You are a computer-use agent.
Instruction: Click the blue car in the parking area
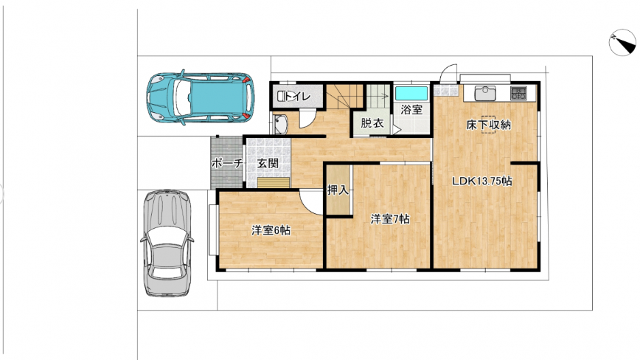tap(200, 97)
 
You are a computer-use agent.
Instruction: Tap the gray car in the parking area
tap(167, 243)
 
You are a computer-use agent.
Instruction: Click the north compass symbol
tap(622, 42)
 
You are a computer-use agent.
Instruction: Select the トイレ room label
tap(298, 97)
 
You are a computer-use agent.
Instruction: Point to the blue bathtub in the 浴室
tap(411, 93)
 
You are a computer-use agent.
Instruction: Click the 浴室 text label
tap(411, 109)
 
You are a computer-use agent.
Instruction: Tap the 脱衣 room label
tap(372, 122)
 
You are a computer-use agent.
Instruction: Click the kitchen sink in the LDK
tap(485, 93)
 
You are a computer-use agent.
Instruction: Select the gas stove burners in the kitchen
tap(518, 93)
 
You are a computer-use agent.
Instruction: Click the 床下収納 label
tap(488, 125)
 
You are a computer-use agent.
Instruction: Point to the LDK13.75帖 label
tap(482, 181)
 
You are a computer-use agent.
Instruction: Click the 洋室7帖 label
tap(390, 219)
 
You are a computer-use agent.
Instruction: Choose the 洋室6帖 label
tap(271, 231)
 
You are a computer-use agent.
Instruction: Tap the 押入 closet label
tap(338, 190)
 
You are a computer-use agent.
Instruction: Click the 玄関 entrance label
tap(268, 163)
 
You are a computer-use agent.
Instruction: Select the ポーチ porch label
tap(227, 163)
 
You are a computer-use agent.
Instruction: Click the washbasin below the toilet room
tap(281, 125)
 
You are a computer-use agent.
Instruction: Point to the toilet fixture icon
tap(281, 97)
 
